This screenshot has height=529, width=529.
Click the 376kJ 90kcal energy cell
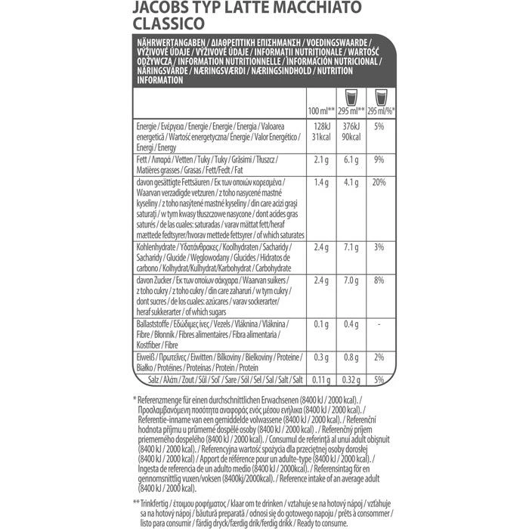351,131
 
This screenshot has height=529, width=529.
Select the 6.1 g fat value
351,161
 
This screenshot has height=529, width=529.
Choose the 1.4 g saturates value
320,183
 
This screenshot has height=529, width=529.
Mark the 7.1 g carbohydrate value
351,247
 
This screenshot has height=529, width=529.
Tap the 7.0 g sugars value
351,281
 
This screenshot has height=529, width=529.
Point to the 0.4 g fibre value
351,325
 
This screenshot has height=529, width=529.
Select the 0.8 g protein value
351,357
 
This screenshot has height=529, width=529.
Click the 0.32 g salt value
351,379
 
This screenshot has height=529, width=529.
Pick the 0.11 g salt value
320,379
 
